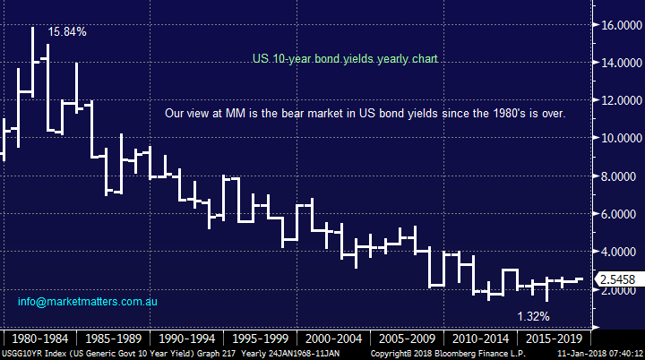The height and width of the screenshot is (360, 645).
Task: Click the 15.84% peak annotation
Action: pos(68,31)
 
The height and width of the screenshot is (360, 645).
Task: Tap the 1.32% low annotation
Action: pos(534,316)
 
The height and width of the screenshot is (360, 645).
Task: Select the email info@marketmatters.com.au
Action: pos(88,302)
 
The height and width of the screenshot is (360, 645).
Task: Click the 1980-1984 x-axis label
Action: pos(40,339)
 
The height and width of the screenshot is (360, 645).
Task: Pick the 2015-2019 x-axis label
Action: pos(553,339)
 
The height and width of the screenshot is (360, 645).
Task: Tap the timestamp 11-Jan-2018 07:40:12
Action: pos(603,355)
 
